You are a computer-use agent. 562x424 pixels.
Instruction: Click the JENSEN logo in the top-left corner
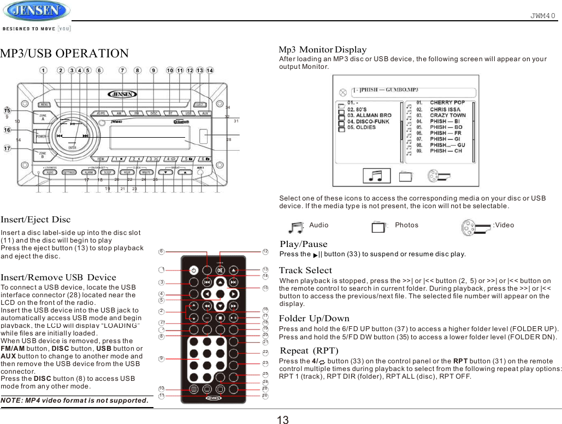pos(36,11)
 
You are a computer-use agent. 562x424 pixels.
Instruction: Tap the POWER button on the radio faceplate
pos(43,134)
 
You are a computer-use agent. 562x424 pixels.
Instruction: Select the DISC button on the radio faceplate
pos(155,113)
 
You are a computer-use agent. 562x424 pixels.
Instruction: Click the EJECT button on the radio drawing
pos(200,104)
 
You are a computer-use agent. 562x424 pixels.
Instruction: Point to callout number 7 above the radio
pos(123,70)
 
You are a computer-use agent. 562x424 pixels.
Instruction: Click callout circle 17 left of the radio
pos(8,148)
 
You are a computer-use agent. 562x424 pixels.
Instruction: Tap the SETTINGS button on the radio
pos(69,172)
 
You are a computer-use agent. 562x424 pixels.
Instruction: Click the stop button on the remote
pos(219,317)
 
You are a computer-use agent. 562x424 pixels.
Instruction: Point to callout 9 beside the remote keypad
pos(161,358)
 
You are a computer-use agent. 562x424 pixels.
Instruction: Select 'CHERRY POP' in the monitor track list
pos(447,102)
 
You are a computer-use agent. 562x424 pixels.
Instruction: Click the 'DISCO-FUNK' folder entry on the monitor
pos(369,121)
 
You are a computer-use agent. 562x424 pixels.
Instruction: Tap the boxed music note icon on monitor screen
pos(376,175)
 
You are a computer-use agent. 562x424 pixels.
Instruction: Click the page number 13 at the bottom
pos(282,420)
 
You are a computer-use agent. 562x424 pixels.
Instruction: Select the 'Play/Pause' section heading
pos(303,244)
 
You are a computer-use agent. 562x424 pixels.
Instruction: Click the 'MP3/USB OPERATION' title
pos(64,54)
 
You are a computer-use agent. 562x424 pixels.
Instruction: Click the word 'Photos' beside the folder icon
pos(406,225)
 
